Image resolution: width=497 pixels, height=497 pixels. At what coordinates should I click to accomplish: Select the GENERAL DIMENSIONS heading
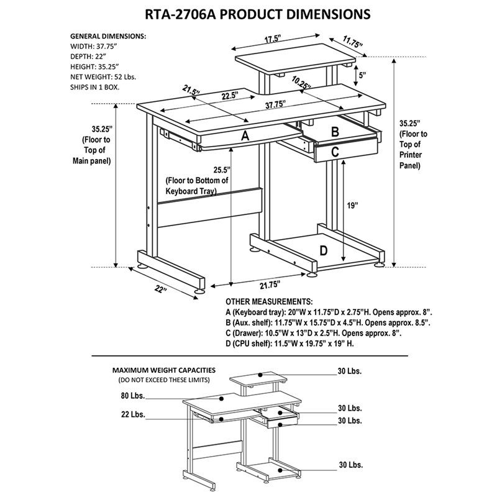click(x=108, y=36)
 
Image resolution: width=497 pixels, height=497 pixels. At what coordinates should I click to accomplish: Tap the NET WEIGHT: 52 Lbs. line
click(x=103, y=76)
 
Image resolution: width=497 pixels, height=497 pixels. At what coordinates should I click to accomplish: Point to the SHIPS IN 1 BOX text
click(x=94, y=87)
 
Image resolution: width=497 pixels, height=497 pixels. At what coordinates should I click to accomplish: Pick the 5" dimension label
click(x=362, y=75)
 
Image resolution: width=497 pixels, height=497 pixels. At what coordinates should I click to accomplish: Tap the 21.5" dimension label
click(x=191, y=91)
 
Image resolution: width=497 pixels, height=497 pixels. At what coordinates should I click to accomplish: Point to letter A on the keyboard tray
click(x=245, y=136)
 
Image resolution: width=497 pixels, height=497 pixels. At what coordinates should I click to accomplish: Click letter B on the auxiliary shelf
click(x=334, y=131)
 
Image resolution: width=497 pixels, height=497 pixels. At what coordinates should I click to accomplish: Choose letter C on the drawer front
click(x=334, y=150)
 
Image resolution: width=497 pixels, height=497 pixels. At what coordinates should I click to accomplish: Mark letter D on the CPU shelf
click(x=323, y=250)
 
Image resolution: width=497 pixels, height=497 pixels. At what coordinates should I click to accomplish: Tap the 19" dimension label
click(x=353, y=206)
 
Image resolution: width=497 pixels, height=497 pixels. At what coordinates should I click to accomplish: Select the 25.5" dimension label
click(x=219, y=170)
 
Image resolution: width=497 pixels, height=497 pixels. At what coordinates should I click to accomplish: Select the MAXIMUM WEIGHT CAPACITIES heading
click(x=164, y=369)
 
